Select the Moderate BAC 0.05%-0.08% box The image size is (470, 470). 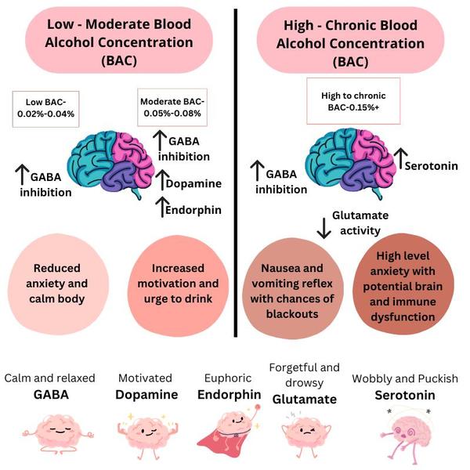170,107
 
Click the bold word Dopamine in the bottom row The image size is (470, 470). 146,395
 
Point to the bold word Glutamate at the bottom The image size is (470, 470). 304,399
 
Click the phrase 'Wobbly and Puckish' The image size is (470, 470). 404,378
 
